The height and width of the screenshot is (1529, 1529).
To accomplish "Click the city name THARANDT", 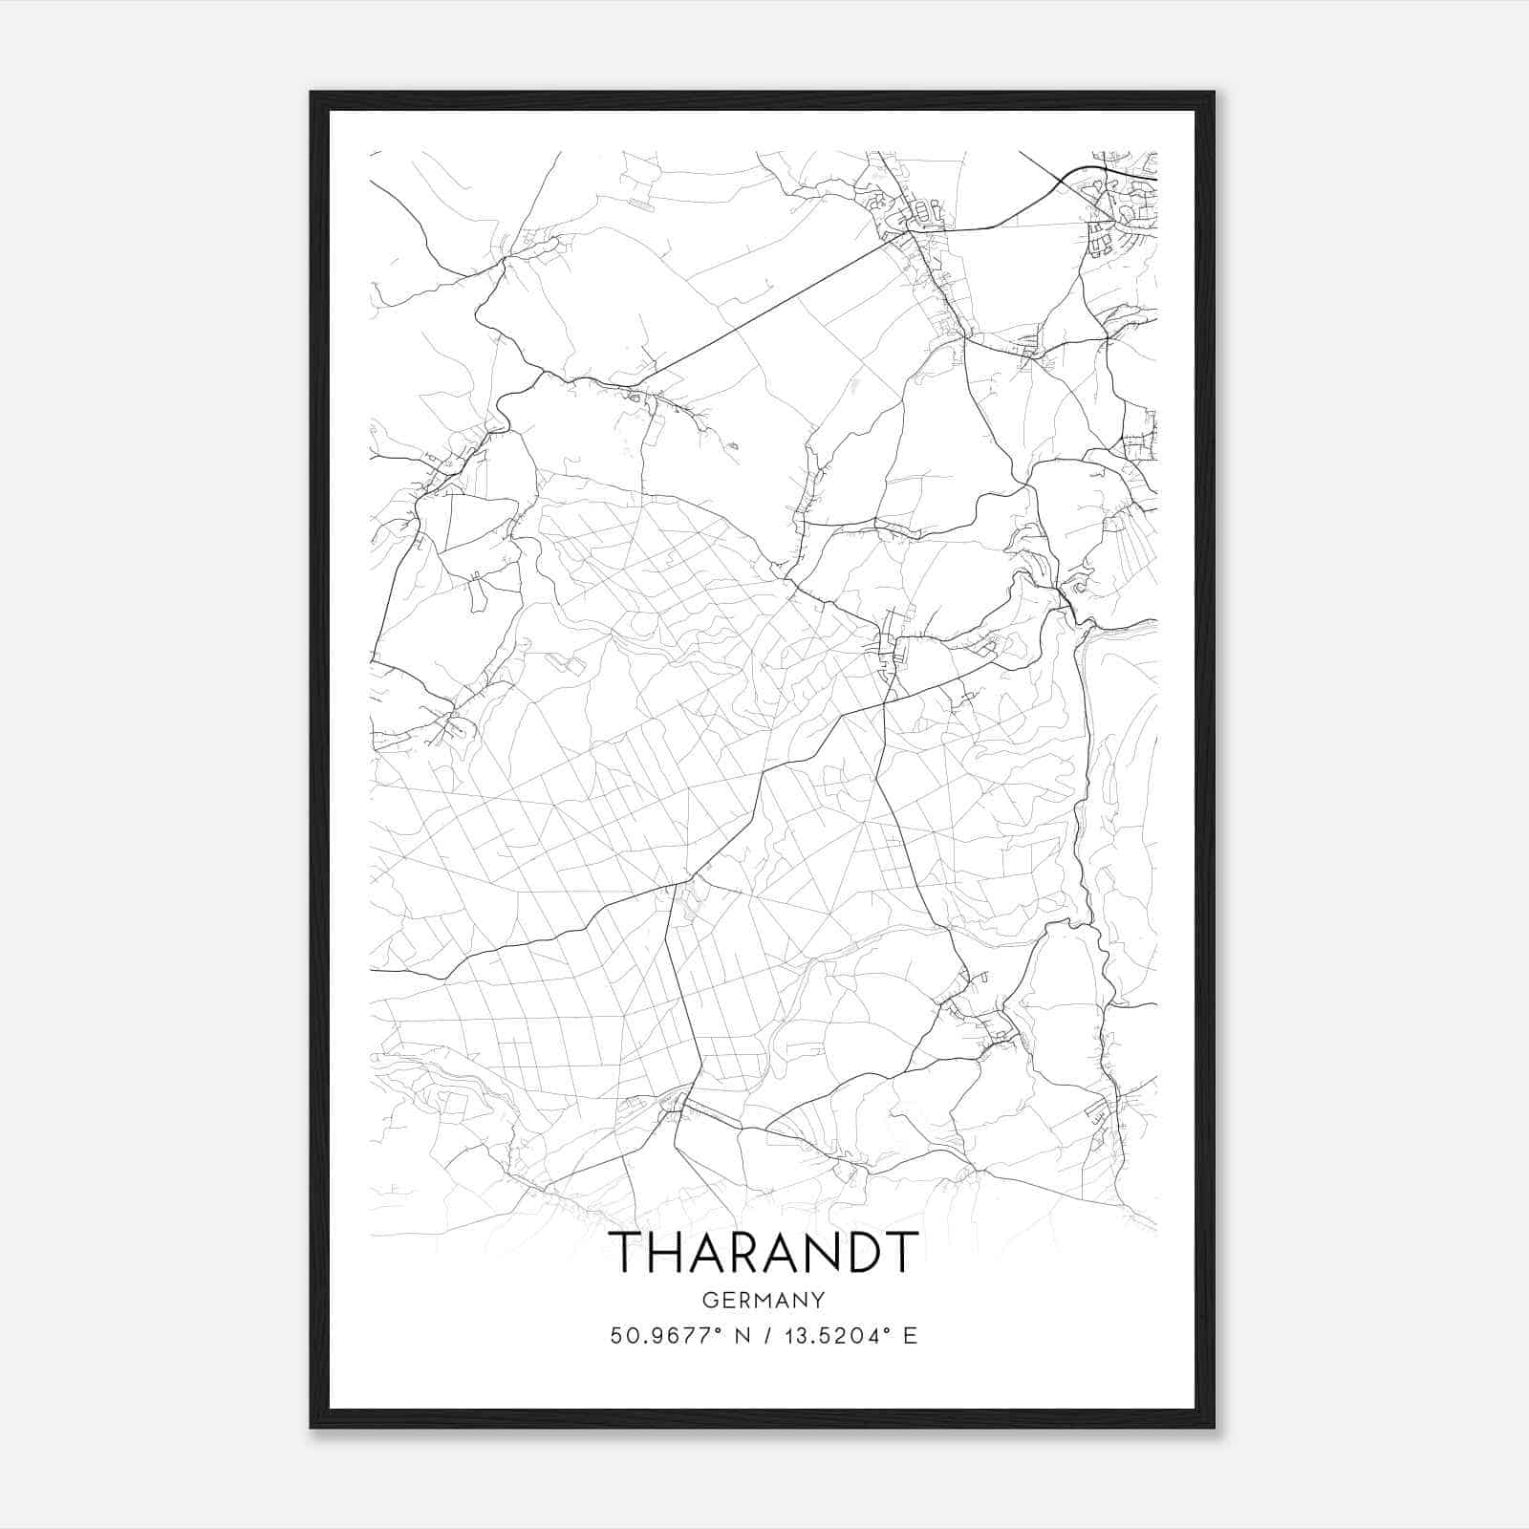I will (764, 1252).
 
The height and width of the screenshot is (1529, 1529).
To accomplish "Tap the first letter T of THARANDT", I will (628, 1252).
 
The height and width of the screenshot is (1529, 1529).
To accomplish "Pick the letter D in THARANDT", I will (858, 1252).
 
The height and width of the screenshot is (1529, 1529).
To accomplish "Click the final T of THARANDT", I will (900, 1252).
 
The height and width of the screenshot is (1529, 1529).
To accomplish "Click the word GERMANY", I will (764, 1300).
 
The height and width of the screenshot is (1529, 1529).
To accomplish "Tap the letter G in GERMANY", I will (709, 1300).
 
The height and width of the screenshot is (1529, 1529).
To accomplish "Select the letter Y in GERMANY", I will (818, 1300).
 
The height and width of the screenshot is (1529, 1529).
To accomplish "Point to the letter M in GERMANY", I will (764, 1300).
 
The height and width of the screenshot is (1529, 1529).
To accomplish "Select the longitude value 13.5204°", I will (834, 1336).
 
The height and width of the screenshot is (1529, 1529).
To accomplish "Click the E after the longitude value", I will (910, 1336).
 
